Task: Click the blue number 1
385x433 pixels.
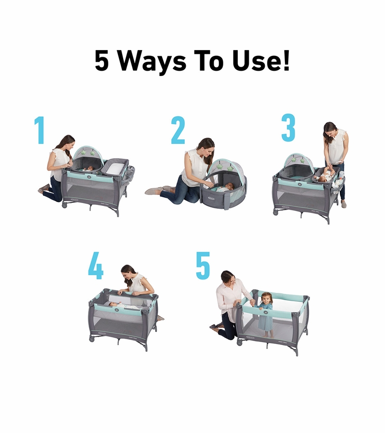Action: coord(39,130)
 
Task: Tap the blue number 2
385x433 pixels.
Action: coord(178,130)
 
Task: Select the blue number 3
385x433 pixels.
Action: coord(288,128)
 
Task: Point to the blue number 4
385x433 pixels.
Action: coord(96,266)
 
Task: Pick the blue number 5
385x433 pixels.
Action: coord(203,266)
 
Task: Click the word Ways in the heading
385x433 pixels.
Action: coord(153,61)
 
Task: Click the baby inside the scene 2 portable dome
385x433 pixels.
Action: coord(226,188)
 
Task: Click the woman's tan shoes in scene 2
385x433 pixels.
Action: coord(155,190)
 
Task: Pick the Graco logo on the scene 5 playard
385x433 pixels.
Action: coord(250,337)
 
